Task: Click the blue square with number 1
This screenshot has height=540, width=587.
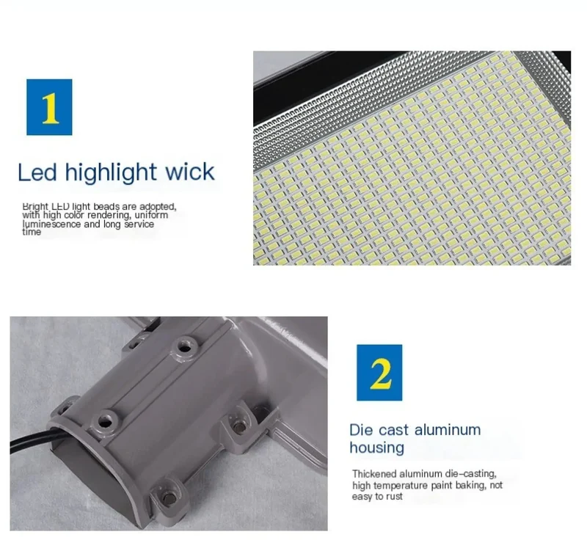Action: [49, 107]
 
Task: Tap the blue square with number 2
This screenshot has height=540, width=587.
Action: [379, 373]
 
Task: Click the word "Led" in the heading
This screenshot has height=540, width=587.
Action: [37, 172]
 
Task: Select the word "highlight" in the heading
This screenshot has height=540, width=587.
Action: [111, 173]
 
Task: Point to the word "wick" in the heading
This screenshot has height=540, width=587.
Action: [190, 172]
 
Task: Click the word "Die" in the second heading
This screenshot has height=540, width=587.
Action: [361, 430]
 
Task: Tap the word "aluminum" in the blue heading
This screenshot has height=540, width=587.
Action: [448, 430]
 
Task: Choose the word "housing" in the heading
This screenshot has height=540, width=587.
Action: [377, 448]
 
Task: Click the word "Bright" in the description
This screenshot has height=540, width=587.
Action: [35, 207]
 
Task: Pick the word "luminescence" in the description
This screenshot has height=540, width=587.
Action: [51, 225]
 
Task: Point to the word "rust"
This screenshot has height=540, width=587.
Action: [394, 497]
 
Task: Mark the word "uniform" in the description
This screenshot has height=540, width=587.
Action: [151, 215]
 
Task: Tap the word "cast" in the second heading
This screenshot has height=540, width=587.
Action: [393, 431]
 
